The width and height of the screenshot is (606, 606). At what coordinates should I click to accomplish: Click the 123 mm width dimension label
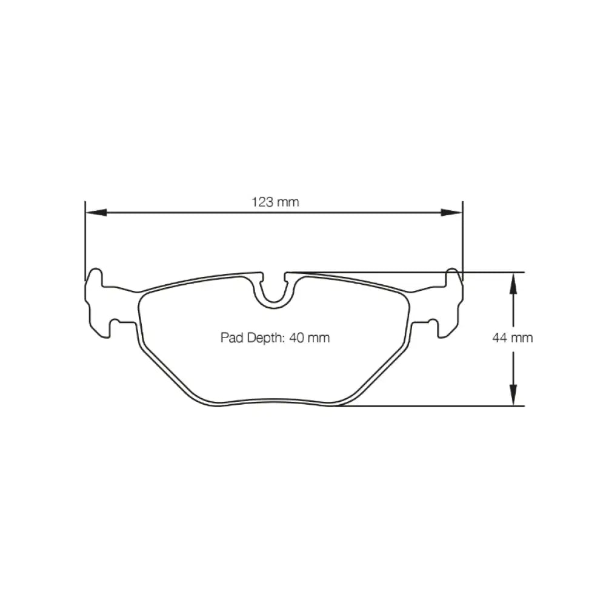point(276,202)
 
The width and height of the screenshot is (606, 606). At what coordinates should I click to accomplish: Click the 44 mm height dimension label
point(513,338)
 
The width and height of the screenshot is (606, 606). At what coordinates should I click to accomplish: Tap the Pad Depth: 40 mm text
point(275,338)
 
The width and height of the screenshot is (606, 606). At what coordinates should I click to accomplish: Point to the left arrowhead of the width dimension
point(96,212)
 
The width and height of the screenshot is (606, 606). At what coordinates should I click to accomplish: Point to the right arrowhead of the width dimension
point(451,212)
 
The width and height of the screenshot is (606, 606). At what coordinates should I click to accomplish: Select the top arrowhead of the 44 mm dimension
point(513,283)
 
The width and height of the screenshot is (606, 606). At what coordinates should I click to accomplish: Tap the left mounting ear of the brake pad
point(99,303)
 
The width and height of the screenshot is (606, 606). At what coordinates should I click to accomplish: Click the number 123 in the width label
point(262,202)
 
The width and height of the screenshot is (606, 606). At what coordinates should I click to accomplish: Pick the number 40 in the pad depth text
point(297,338)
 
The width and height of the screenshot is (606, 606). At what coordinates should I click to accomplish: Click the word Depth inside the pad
point(263,338)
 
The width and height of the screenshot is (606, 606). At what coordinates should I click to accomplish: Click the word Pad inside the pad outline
point(230,338)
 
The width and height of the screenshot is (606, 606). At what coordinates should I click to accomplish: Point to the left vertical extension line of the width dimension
point(85,242)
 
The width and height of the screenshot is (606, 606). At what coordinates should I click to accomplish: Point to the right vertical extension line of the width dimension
point(462,242)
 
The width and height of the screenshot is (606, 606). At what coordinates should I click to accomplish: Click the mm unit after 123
point(288,202)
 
